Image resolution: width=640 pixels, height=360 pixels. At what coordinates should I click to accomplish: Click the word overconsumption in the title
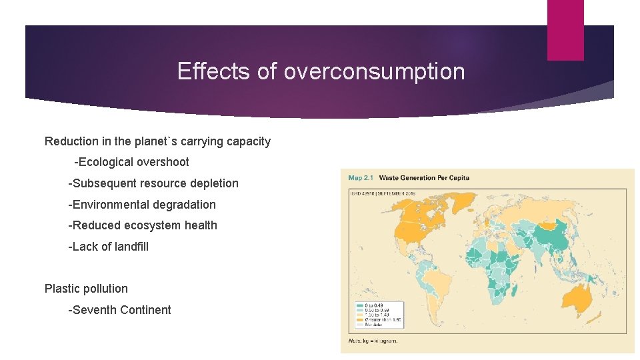click(x=374, y=71)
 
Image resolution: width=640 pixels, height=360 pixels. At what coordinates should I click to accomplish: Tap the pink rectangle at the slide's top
click(x=565, y=30)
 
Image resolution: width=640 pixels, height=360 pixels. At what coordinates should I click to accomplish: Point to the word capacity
click(x=248, y=141)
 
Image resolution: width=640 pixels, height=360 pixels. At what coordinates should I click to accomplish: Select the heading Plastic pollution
click(x=86, y=289)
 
